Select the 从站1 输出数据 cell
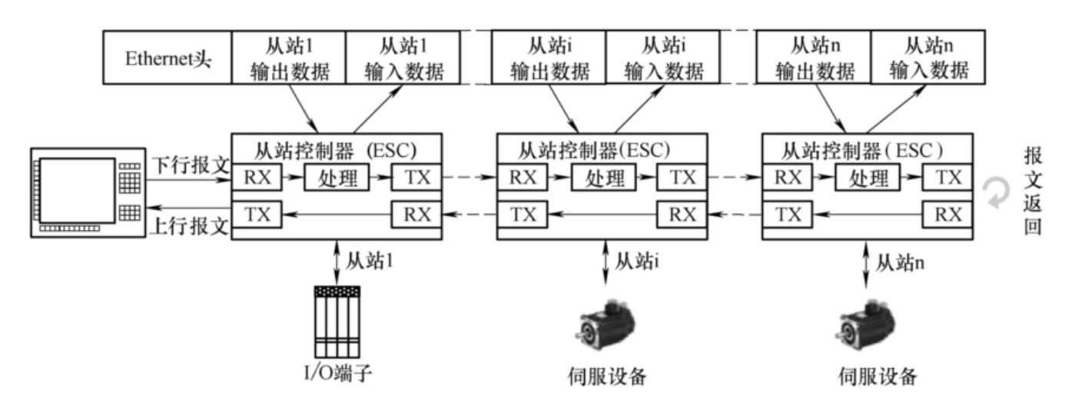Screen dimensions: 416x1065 (290, 58)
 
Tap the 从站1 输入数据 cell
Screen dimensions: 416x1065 (404, 58)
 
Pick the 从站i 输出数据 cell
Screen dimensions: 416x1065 (549, 58)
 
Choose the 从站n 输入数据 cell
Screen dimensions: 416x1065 (927, 58)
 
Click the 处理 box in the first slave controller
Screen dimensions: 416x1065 (337, 178)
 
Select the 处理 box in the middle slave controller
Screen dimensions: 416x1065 (602, 178)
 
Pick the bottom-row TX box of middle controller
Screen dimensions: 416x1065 (523, 215)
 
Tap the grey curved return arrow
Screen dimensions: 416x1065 (999, 194)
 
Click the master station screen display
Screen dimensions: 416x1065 (73, 192)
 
